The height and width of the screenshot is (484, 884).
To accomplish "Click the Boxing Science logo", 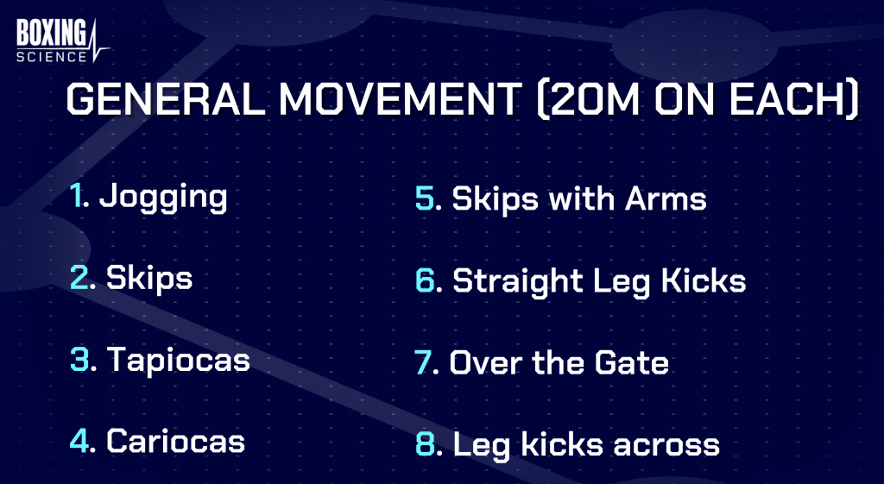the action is tap(62, 41).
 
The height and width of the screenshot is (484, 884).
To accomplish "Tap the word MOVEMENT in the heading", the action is tap(401, 99).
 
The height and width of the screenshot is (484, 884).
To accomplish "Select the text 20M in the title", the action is tap(594, 99).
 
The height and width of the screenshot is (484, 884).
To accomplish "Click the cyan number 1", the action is tap(76, 195).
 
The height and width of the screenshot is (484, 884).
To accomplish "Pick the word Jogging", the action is tap(163, 198).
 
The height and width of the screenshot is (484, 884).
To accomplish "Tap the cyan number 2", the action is tap(80, 277).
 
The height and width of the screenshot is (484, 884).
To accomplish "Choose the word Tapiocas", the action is tap(178, 361).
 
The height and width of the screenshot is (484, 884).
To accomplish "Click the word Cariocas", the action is tap(175, 441).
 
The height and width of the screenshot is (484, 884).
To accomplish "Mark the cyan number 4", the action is tap(80, 441).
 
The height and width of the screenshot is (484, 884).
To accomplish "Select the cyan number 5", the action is tap(425, 198).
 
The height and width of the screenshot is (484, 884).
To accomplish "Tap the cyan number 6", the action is tap(425, 280).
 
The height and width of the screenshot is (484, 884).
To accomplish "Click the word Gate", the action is tap(631, 362).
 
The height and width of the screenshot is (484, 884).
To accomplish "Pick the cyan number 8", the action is tap(425, 443).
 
